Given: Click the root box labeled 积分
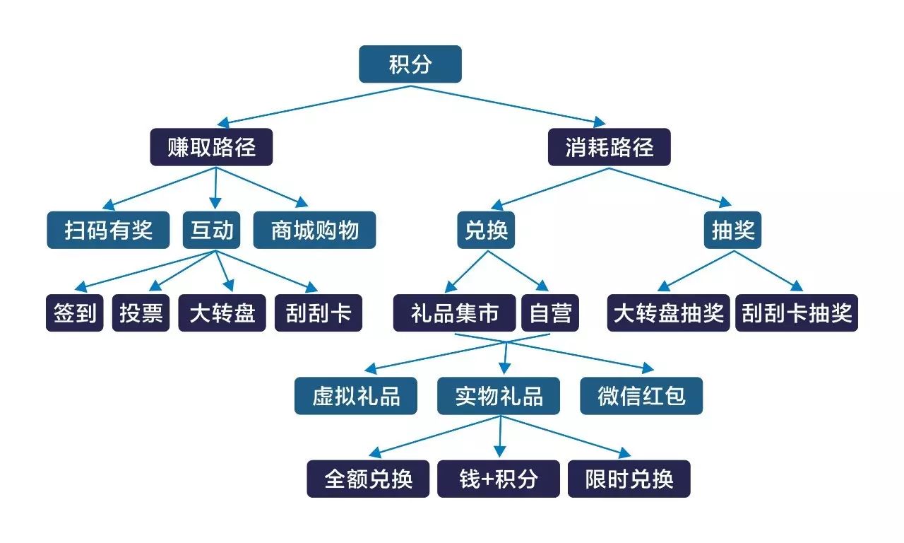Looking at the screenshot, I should tap(410, 64).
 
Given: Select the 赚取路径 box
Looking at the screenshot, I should tap(211, 147).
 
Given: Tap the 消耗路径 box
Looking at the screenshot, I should tap(609, 147).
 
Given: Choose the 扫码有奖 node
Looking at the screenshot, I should tap(108, 230).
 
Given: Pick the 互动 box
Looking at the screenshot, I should tap(212, 230).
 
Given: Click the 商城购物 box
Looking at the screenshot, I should tap(314, 230).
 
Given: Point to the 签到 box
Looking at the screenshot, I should tap(75, 313).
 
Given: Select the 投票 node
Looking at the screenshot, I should tap(141, 313).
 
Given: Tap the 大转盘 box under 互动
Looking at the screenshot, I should tap(222, 313).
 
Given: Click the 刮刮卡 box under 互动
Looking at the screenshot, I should tap(318, 313).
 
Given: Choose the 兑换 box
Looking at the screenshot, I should tap(486, 230).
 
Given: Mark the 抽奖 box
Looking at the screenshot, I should tap(732, 230).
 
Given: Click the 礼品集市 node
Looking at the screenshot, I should tap(455, 313).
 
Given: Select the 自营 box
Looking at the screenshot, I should tap(549, 313).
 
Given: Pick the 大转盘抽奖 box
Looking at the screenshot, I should tap(668, 313).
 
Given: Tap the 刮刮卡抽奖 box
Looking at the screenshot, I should tap(797, 313).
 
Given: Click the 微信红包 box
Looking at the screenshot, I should tap(641, 396).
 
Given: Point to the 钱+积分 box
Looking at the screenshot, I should tap(499, 479).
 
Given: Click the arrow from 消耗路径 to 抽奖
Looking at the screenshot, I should tap(671, 187).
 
